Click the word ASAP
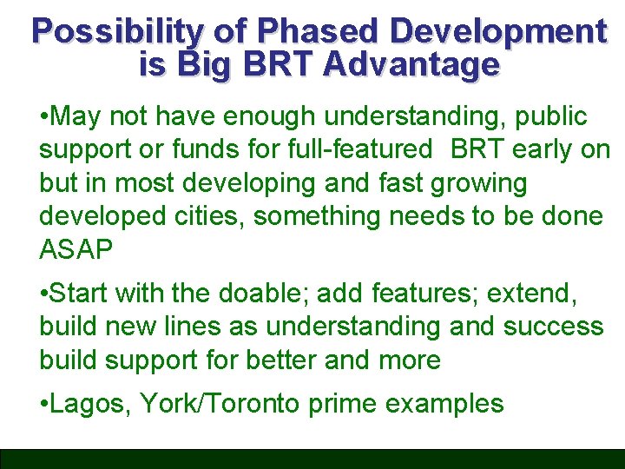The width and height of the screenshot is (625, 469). (x=76, y=250)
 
